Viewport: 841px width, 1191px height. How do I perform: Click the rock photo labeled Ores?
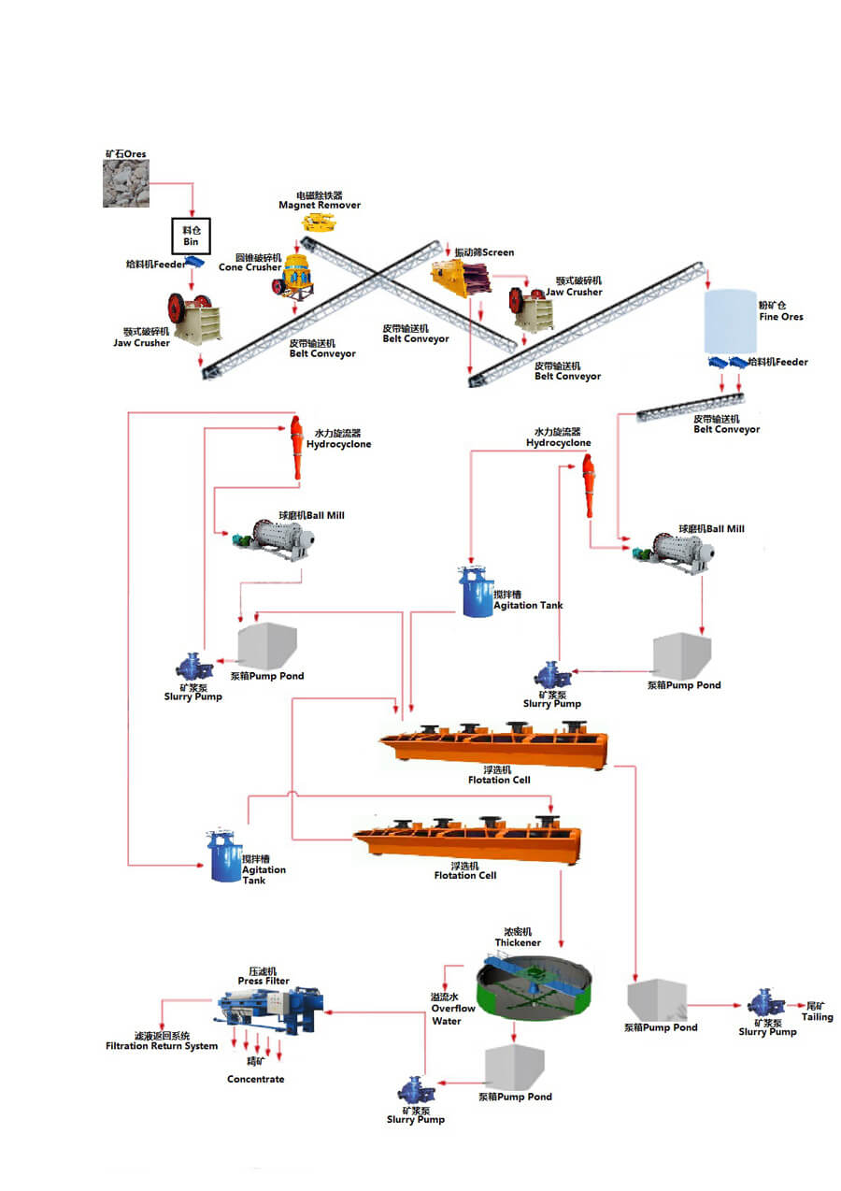[x=125, y=183]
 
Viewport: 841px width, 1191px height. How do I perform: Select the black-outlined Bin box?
[x=191, y=236]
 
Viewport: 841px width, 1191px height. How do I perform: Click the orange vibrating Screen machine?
[x=461, y=278]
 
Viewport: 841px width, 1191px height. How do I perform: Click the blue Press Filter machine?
[x=273, y=1011]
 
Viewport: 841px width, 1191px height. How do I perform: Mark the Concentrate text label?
[x=255, y=1079]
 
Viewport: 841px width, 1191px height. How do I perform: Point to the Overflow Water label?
[x=452, y=1010]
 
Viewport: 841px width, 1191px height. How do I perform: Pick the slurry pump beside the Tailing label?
[x=765, y=1003]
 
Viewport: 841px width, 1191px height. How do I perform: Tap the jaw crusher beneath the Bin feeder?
[x=193, y=319]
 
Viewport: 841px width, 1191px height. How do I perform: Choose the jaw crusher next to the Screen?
[x=531, y=309]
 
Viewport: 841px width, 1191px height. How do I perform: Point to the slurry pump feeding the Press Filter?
[x=414, y=1090]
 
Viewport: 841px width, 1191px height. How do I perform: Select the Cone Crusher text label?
[x=249, y=267]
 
